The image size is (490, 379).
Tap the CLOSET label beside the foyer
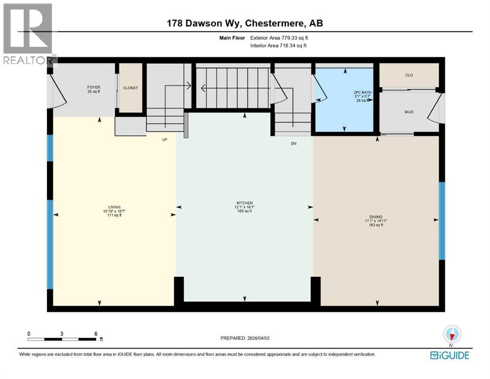(x=130, y=88)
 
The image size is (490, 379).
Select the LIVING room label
(x=114, y=207)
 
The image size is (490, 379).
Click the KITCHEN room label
(x=244, y=203)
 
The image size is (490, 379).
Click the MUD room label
(x=409, y=112)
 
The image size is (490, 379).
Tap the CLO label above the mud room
(x=409, y=75)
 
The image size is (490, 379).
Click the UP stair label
(x=165, y=140)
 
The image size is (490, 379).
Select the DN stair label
(x=292, y=144)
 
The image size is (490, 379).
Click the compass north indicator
(x=452, y=335)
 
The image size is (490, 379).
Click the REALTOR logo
(x=28, y=35)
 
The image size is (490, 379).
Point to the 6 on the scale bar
(x=95, y=334)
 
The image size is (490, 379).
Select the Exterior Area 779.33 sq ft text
(x=279, y=38)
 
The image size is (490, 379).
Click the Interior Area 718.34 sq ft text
(x=279, y=45)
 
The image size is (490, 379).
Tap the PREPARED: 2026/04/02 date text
(x=246, y=338)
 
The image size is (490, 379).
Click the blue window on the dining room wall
(x=442, y=221)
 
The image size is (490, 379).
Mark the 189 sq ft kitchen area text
(x=244, y=211)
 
